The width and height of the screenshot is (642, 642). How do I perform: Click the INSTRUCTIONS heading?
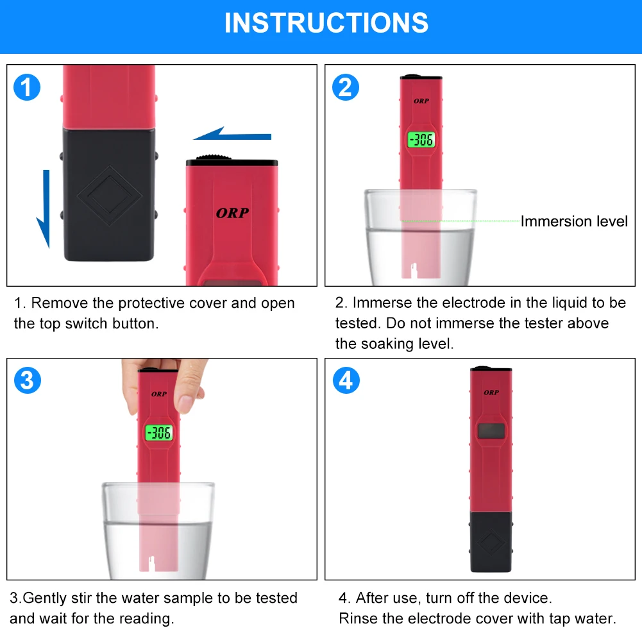(x=326, y=23)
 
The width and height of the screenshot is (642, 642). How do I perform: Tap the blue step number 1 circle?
(x=27, y=87)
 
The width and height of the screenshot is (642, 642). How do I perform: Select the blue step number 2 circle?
(x=346, y=87)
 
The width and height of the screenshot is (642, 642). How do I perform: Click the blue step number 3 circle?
(x=28, y=380)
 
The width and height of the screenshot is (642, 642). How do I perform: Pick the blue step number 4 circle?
(x=346, y=380)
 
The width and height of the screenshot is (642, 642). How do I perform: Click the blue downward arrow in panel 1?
(x=44, y=209)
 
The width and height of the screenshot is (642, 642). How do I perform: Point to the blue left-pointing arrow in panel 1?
(x=232, y=134)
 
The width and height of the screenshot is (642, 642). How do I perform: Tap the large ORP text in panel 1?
(x=232, y=213)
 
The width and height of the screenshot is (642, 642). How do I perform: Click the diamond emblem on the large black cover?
(x=109, y=196)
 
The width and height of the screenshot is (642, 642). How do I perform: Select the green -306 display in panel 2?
(x=421, y=140)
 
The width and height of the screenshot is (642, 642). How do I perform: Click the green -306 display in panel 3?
(x=159, y=433)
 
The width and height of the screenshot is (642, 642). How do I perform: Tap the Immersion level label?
(x=574, y=221)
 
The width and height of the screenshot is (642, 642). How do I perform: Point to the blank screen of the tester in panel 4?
(x=491, y=431)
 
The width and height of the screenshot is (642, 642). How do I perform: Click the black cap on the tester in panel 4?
(x=491, y=541)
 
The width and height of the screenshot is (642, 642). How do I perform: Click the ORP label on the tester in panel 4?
(x=491, y=393)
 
